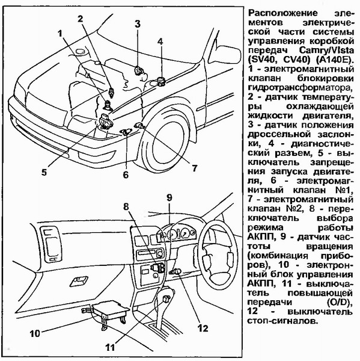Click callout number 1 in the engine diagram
click(x=60, y=34)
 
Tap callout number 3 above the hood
click(x=138, y=24)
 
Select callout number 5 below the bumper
click(x=44, y=172)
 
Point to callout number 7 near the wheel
click(x=195, y=168)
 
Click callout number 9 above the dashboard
click(x=169, y=197)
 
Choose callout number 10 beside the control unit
click(x=35, y=333)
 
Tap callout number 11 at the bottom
click(x=110, y=347)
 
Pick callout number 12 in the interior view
click(x=203, y=328)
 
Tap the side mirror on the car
click(x=227, y=55)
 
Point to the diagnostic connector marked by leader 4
click(x=160, y=81)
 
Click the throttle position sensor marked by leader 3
click(x=138, y=70)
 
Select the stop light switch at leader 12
click(x=177, y=272)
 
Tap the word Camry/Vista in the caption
click(x=327, y=50)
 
